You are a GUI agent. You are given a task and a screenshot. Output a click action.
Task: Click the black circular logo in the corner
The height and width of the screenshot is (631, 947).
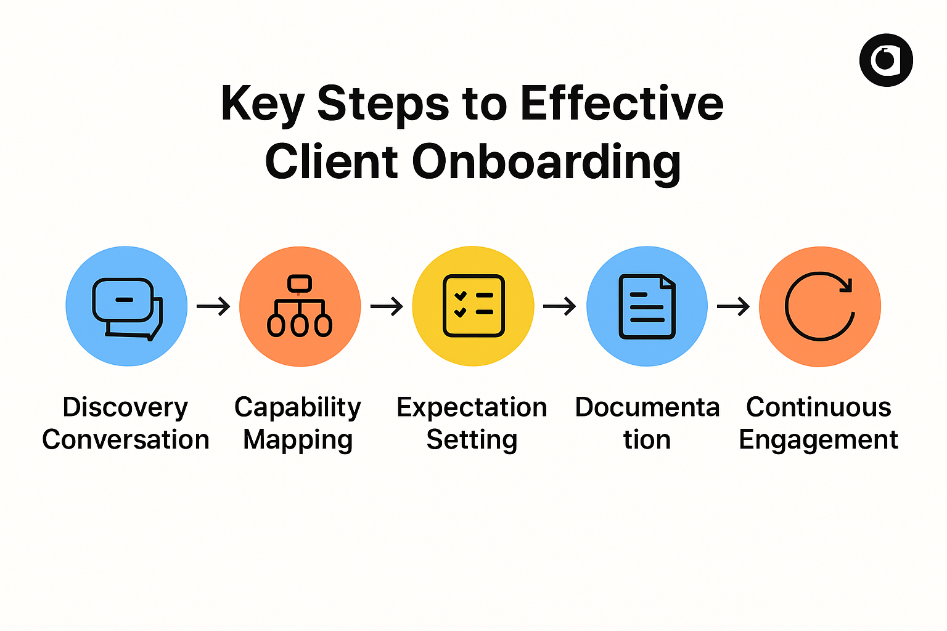point(886,60)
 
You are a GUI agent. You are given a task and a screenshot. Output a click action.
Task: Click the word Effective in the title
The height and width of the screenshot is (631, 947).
point(622,104)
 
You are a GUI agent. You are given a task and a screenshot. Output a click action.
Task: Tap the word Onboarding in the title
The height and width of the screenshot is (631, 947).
point(546,161)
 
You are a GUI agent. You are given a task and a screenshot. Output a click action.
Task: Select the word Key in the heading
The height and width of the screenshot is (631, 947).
point(262,104)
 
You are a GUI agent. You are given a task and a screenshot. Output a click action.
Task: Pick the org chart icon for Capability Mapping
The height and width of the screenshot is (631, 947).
point(300,306)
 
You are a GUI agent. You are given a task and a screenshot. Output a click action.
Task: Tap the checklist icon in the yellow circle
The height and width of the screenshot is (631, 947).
point(473,306)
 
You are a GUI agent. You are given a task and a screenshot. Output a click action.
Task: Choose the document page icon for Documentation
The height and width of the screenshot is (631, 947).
point(647,306)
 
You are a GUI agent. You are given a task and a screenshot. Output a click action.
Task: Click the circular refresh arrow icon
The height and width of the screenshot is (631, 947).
point(820,306)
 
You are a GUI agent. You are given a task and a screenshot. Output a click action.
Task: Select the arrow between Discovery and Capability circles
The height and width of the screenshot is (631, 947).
point(213,306)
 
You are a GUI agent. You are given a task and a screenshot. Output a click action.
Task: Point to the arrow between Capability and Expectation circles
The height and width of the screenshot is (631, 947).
point(387,306)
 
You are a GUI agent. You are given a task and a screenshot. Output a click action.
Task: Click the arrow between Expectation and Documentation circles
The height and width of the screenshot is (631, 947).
point(560,306)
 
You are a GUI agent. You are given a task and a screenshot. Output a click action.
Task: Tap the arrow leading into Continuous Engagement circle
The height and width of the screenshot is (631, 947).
point(733,306)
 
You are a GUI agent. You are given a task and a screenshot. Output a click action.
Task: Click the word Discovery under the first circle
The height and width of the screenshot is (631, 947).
point(125,407)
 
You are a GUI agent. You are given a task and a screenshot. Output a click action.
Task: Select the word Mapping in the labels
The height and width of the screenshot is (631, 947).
point(298,440)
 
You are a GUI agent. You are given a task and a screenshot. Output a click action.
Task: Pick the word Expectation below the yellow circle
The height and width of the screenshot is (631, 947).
point(472,407)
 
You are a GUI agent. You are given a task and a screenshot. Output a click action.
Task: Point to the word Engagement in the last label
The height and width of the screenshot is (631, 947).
point(818,440)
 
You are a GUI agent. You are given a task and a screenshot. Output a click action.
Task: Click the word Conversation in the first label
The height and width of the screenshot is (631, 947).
point(126,440)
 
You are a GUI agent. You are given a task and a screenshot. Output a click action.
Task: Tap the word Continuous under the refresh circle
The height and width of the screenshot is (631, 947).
point(819,407)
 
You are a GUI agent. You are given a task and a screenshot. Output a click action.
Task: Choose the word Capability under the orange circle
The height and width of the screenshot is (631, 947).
point(298,407)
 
